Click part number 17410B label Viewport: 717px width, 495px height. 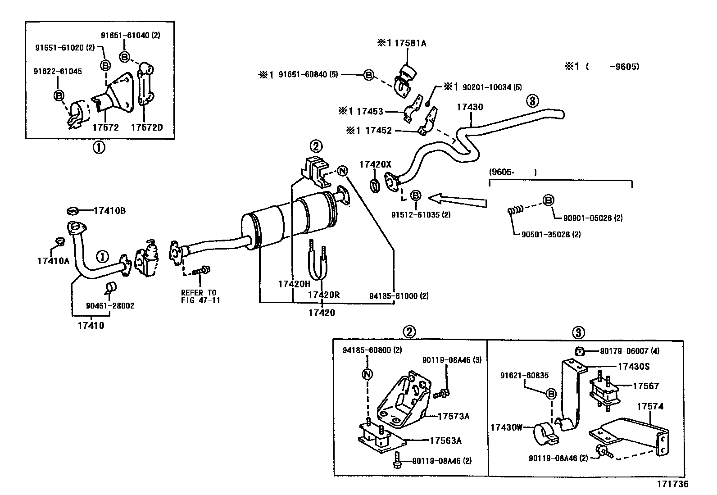pos(110,210)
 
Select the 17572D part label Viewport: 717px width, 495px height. pos(146,127)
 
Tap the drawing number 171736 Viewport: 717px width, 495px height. pos(672,484)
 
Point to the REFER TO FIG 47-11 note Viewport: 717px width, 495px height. pos(200,296)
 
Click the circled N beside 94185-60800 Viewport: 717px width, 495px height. pos(368,374)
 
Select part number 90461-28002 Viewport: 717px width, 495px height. pos(110,306)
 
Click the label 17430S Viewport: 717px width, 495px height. pos(633,367)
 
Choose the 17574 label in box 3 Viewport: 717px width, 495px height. pos(650,407)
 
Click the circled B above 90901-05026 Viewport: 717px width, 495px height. pos(548,200)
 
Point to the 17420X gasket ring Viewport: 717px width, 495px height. pos(374,184)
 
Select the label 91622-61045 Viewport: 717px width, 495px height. pos(58,72)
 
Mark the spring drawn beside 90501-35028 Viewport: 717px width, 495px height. pos(514,210)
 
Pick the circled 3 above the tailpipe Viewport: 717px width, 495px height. pos(532,101)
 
